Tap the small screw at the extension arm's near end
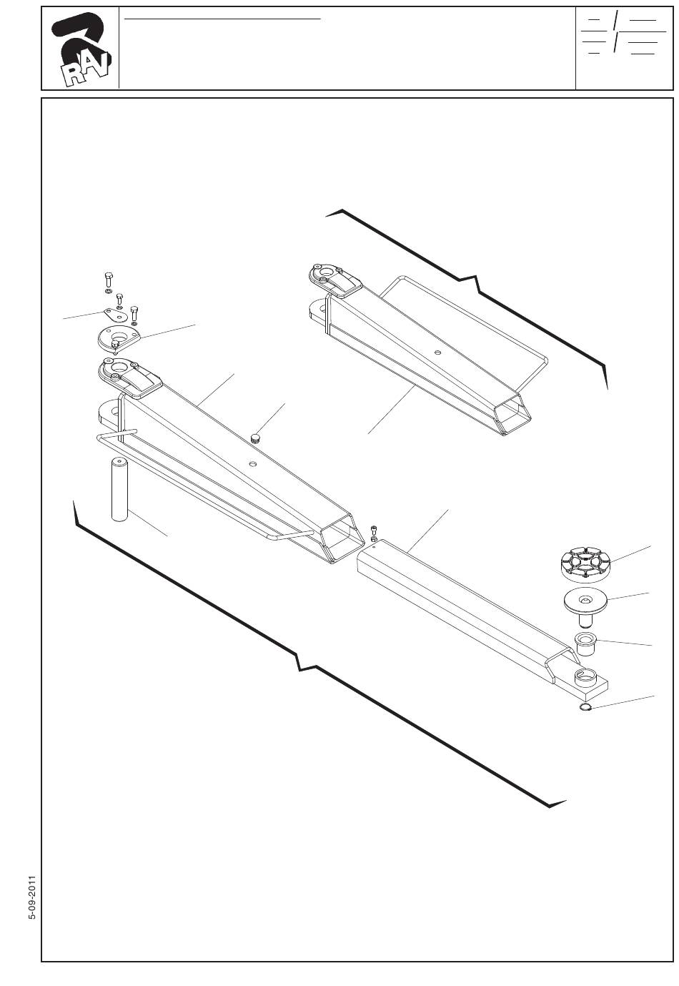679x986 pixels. tap(373, 531)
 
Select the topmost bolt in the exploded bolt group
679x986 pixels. tap(107, 278)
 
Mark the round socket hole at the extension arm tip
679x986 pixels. tap(588, 676)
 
